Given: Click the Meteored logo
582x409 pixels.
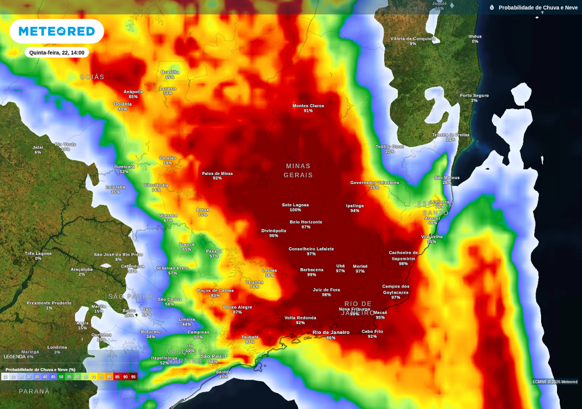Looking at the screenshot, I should [x=56, y=31].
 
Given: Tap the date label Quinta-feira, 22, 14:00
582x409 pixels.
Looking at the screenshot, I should [x=57, y=52].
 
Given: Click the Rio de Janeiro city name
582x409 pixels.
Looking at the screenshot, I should [x=331, y=332].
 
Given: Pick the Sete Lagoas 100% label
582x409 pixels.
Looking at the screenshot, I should [x=295, y=207].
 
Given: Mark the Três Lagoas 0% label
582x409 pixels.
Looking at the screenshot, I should [x=38, y=256].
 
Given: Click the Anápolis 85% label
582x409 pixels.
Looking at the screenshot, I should [x=133, y=94].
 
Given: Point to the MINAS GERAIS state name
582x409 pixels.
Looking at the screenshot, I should [x=298, y=170].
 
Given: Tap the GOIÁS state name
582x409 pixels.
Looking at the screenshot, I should [x=92, y=77].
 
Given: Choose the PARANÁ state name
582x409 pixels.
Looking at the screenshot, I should [x=34, y=391].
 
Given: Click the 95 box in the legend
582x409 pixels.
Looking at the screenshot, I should [x=134, y=377].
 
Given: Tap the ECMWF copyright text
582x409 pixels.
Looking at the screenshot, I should [x=555, y=381].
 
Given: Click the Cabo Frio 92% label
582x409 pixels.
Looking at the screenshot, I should [x=372, y=333].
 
